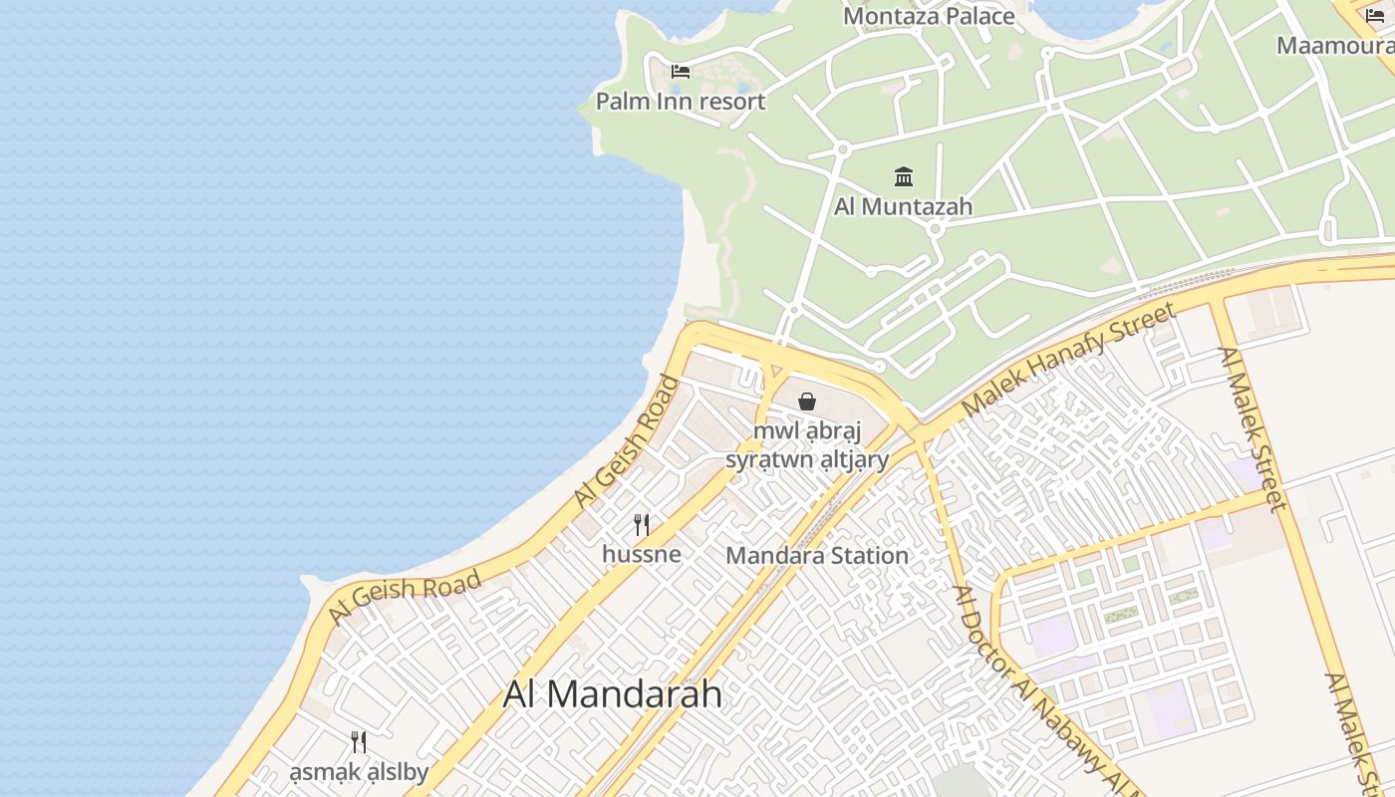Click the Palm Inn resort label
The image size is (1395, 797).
pos(681,102)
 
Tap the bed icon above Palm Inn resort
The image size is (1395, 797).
pos(681,71)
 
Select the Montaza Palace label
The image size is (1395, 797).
pos(929,16)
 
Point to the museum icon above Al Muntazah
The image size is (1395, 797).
pos(904,177)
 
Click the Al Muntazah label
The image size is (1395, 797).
pos(903,207)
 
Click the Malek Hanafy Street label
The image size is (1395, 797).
pos(1069,362)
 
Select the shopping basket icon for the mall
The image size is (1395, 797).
pos(807,401)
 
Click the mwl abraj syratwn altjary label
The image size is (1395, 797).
pos(807,445)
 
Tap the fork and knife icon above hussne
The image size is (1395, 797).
pos(642,525)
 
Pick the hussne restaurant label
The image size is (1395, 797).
pos(642,554)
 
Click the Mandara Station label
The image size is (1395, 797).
pos(817,556)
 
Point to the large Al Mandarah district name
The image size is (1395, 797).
pos(612,694)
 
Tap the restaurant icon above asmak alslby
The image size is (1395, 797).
pos(359,742)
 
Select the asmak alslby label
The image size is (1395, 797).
pos(359,772)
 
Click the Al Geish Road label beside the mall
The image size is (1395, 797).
pos(627,443)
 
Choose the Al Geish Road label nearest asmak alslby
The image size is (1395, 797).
pos(405,598)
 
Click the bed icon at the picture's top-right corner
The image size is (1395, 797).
pos(1375,15)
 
